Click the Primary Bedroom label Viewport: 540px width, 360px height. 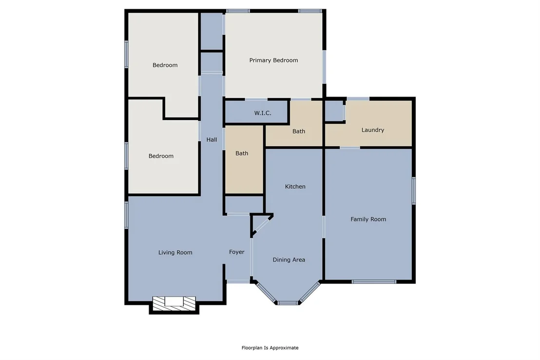click(x=273, y=60)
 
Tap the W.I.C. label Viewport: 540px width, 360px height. click(x=262, y=113)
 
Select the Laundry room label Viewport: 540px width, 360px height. click(x=373, y=130)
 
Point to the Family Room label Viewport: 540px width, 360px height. click(x=368, y=219)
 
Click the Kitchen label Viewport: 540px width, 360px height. click(x=295, y=186)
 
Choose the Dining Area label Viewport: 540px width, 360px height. click(x=289, y=260)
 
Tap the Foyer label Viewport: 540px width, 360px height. click(x=236, y=252)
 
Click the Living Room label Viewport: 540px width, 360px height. click(x=175, y=252)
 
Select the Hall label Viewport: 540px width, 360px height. click(x=212, y=140)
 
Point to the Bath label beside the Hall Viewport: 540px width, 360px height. click(x=242, y=153)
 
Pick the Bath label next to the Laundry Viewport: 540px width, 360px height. click(x=299, y=131)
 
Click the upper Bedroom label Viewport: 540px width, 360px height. click(x=165, y=65)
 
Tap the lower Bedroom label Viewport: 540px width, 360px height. click(x=161, y=156)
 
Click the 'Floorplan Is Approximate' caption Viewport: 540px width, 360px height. click(x=270, y=348)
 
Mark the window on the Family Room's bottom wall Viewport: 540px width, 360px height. click(x=374, y=282)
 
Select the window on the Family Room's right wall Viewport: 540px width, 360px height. click(x=414, y=191)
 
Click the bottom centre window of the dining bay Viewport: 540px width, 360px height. click(x=288, y=303)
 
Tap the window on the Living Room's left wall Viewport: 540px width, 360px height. click(x=126, y=215)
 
